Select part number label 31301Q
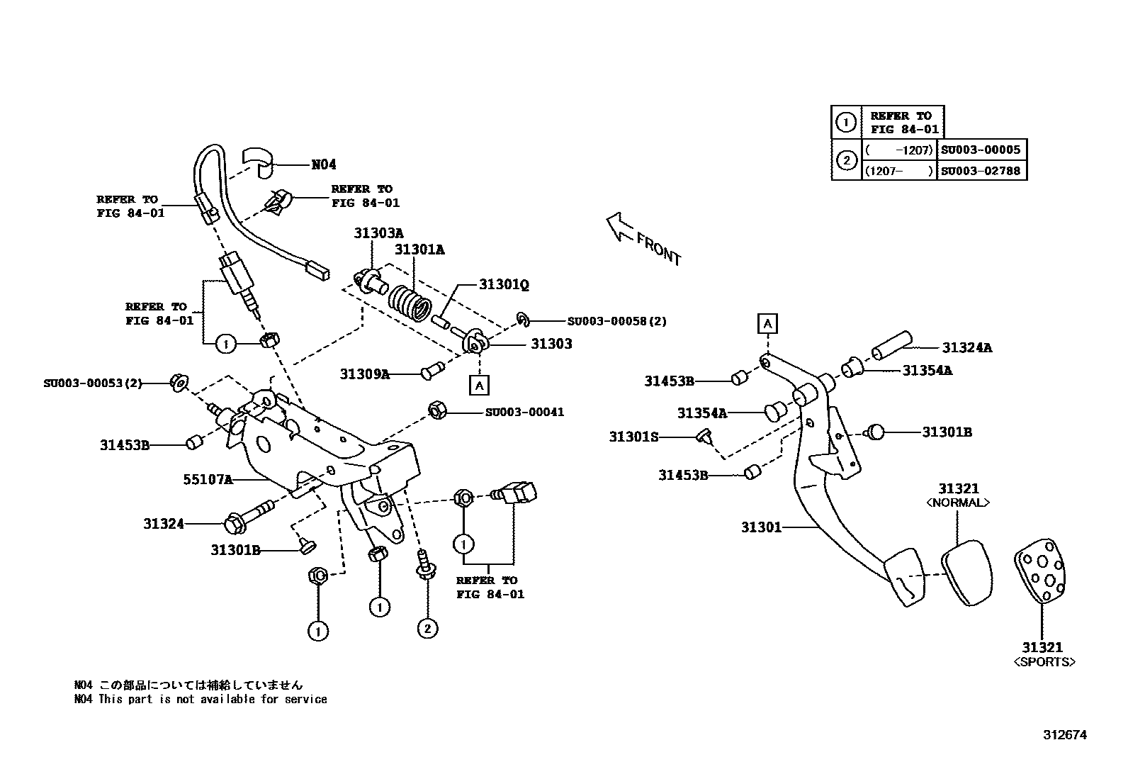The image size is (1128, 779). (504, 284)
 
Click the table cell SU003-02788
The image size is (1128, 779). (981, 171)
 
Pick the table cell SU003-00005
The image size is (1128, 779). (981, 150)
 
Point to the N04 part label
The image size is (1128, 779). (324, 164)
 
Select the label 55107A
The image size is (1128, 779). (208, 479)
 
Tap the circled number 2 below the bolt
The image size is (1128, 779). (427, 628)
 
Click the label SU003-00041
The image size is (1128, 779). (524, 412)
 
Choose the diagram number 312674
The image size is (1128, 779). (1064, 735)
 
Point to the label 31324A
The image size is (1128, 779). (966, 347)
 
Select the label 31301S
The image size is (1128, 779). (633, 437)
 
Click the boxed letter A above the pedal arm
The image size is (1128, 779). (767, 324)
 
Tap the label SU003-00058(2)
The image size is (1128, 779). (616, 321)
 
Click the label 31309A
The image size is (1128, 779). (364, 374)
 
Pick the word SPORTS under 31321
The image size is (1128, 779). (1044, 662)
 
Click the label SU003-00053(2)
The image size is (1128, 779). (92, 383)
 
